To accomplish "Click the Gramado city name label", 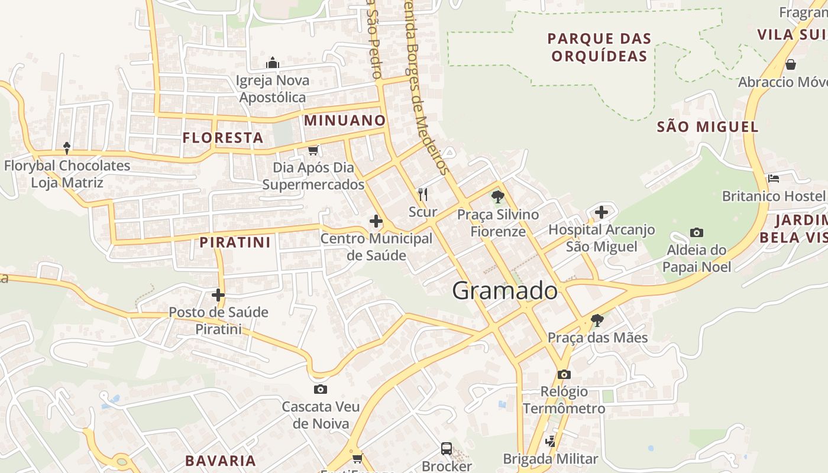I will click(x=504, y=291).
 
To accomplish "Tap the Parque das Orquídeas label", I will click(x=599, y=47).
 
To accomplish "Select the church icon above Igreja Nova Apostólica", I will click(x=272, y=62).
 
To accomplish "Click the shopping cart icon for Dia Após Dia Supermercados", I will click(x=313, y=150).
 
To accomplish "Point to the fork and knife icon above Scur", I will click(x=423, y=194).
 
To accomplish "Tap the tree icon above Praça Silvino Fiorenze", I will click(x=498, y=196).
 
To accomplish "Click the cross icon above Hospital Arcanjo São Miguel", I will click(x=601, y=212).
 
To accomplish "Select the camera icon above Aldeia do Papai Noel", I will click(x=697, y=232).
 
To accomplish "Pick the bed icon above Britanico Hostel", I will click(x=773, y=178).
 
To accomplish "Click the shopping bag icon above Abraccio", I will click(x=790, y=64).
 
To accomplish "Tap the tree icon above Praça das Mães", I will click(x=597, y=320).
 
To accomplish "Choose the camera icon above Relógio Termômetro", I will click(x=564, y=374).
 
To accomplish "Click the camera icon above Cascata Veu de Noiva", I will click(x=321, y=389).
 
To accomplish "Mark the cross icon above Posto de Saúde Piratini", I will click(x=218, y=294).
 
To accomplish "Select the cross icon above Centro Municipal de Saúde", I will click(x=376, y=221).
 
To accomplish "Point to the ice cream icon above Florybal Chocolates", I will click(x=67, y=147).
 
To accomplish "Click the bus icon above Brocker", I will click(x=447, y=449).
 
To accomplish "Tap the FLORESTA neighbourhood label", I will click(x=222, y=138).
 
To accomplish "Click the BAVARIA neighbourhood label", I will click(x=220, y=461).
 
